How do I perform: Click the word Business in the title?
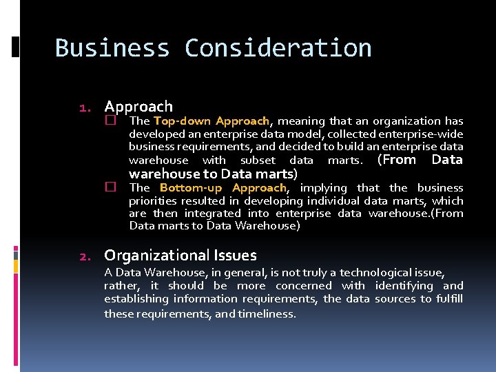point(112,48)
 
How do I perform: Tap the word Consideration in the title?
point(278,48)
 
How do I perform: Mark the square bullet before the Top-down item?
point(110,120)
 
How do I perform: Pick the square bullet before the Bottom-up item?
point(110,187)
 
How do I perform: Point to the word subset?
point(258,161)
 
